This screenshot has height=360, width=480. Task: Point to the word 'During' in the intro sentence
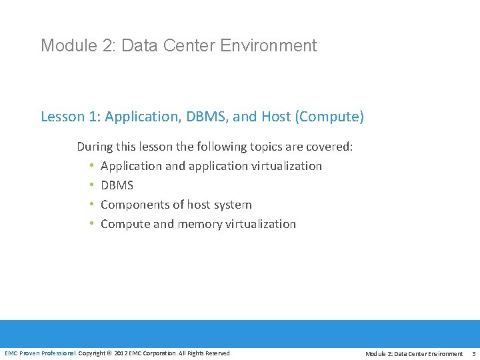pos(95,146)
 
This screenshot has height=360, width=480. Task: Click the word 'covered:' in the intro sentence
pos(329,146)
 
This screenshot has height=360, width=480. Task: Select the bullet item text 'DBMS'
pos(117,185)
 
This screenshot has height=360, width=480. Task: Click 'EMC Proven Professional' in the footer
pos(40,353)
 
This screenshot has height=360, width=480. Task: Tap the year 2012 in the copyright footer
pos(121,353)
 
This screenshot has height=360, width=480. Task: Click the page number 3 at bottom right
pos(473,353)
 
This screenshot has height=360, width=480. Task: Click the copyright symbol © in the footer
pos(109,353)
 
